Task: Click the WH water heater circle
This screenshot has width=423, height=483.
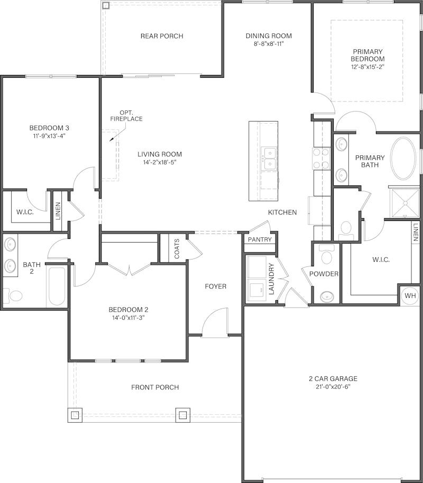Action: tap(410, 296)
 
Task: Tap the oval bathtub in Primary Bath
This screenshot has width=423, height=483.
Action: tap(403, 158)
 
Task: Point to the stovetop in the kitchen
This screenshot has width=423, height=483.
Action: tap(321, 159)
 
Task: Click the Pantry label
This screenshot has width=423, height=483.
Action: tap(260, 239)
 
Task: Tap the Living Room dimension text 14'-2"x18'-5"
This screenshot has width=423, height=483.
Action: tap(159, 162)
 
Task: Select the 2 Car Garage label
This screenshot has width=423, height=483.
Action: tap(333, 378)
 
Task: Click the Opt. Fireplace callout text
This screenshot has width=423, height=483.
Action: tap(126, 116)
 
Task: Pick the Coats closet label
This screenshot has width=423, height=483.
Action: tap(177, 248)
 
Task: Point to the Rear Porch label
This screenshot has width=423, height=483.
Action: tap(162, 36)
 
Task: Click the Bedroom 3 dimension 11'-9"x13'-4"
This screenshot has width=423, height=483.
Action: tap(49, 135)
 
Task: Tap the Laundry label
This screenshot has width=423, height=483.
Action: tap(271, 279)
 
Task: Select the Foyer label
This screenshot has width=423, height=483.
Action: tap(216, 286)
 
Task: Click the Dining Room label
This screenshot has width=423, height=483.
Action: tap(269, 36)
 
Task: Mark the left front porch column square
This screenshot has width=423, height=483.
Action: tap(75, 415)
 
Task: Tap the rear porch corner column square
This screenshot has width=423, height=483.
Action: tap(106, 5)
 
